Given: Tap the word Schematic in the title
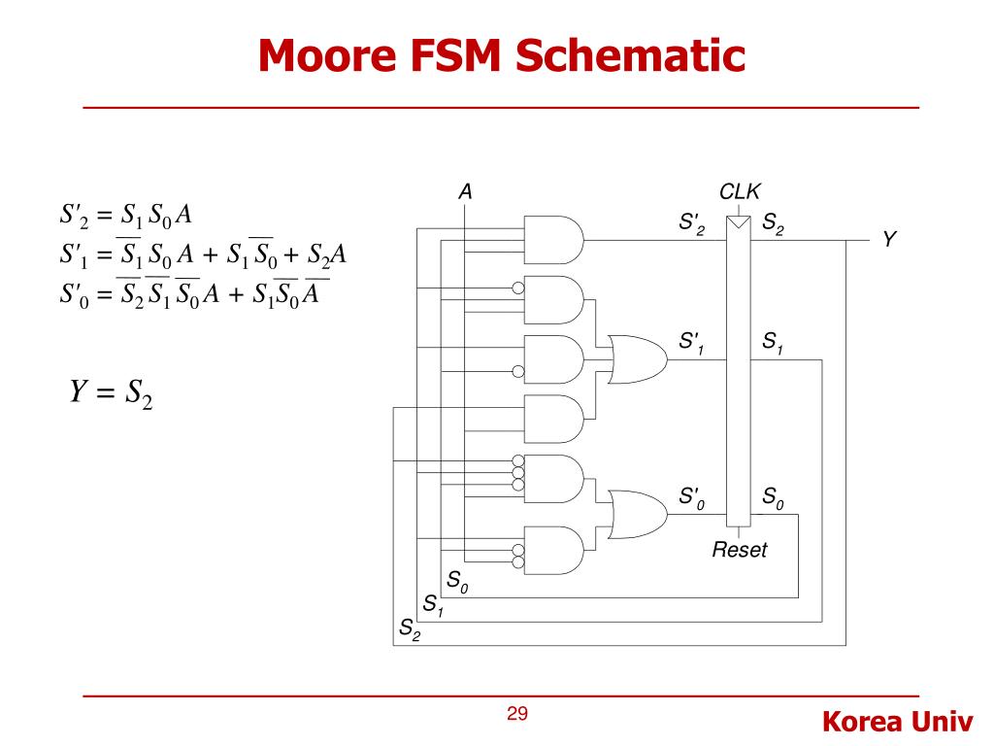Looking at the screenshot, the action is (630, 55).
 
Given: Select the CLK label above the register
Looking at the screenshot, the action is (739, 191).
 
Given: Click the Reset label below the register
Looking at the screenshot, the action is (739, 550).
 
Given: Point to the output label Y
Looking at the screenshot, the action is (889, 239).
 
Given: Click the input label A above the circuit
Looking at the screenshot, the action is (465, 191).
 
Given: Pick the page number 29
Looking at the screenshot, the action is (517, 714).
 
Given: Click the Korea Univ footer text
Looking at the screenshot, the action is (897, 722).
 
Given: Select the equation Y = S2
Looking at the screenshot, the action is (112, 393).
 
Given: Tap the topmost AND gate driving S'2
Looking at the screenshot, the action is (553, 240).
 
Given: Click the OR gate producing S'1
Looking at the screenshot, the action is (637, 359).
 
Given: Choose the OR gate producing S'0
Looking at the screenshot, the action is (637, 514).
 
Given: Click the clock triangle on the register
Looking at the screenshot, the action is (739, 222).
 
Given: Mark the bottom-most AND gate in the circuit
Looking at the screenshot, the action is (553, 551).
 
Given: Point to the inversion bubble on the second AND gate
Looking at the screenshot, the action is (518, 288).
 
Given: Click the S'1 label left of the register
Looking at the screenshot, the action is (691, 342).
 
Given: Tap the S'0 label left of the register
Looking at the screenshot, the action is (691, 498).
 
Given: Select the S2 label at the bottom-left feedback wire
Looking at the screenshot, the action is (410, 629).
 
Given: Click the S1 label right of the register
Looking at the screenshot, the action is (773, 343).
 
